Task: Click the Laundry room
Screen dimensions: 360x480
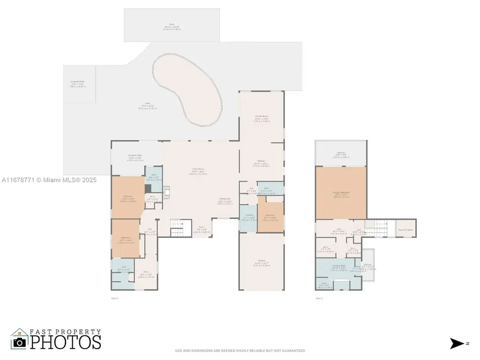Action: [x=248, y=218]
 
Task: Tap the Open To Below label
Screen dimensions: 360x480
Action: [x=406, y=230]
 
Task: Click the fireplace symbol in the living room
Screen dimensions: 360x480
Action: [x=165, y=190]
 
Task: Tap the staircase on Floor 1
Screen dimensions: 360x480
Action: [x=177, y=228]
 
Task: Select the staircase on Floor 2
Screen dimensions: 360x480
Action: [x=376, y=229]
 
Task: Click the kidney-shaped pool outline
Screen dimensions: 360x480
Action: [x=187, y=89]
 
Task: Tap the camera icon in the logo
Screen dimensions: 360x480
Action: [x=20, y=342]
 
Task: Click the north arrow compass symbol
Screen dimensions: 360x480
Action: [x=456, y=344]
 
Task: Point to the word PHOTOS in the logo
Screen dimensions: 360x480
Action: [x=66, y=341]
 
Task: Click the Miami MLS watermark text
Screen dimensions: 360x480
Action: [x=49, y=180]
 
